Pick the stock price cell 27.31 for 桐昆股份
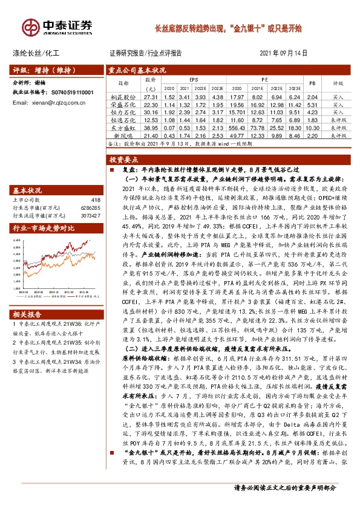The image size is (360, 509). pyautogui.click(x=151, y=97)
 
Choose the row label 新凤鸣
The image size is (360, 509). pyautogui.click(x=122, y=136)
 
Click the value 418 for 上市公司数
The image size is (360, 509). pyautogui.click(x=94, y=199)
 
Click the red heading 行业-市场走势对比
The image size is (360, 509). pyautogui.click(x=44, y=228)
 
